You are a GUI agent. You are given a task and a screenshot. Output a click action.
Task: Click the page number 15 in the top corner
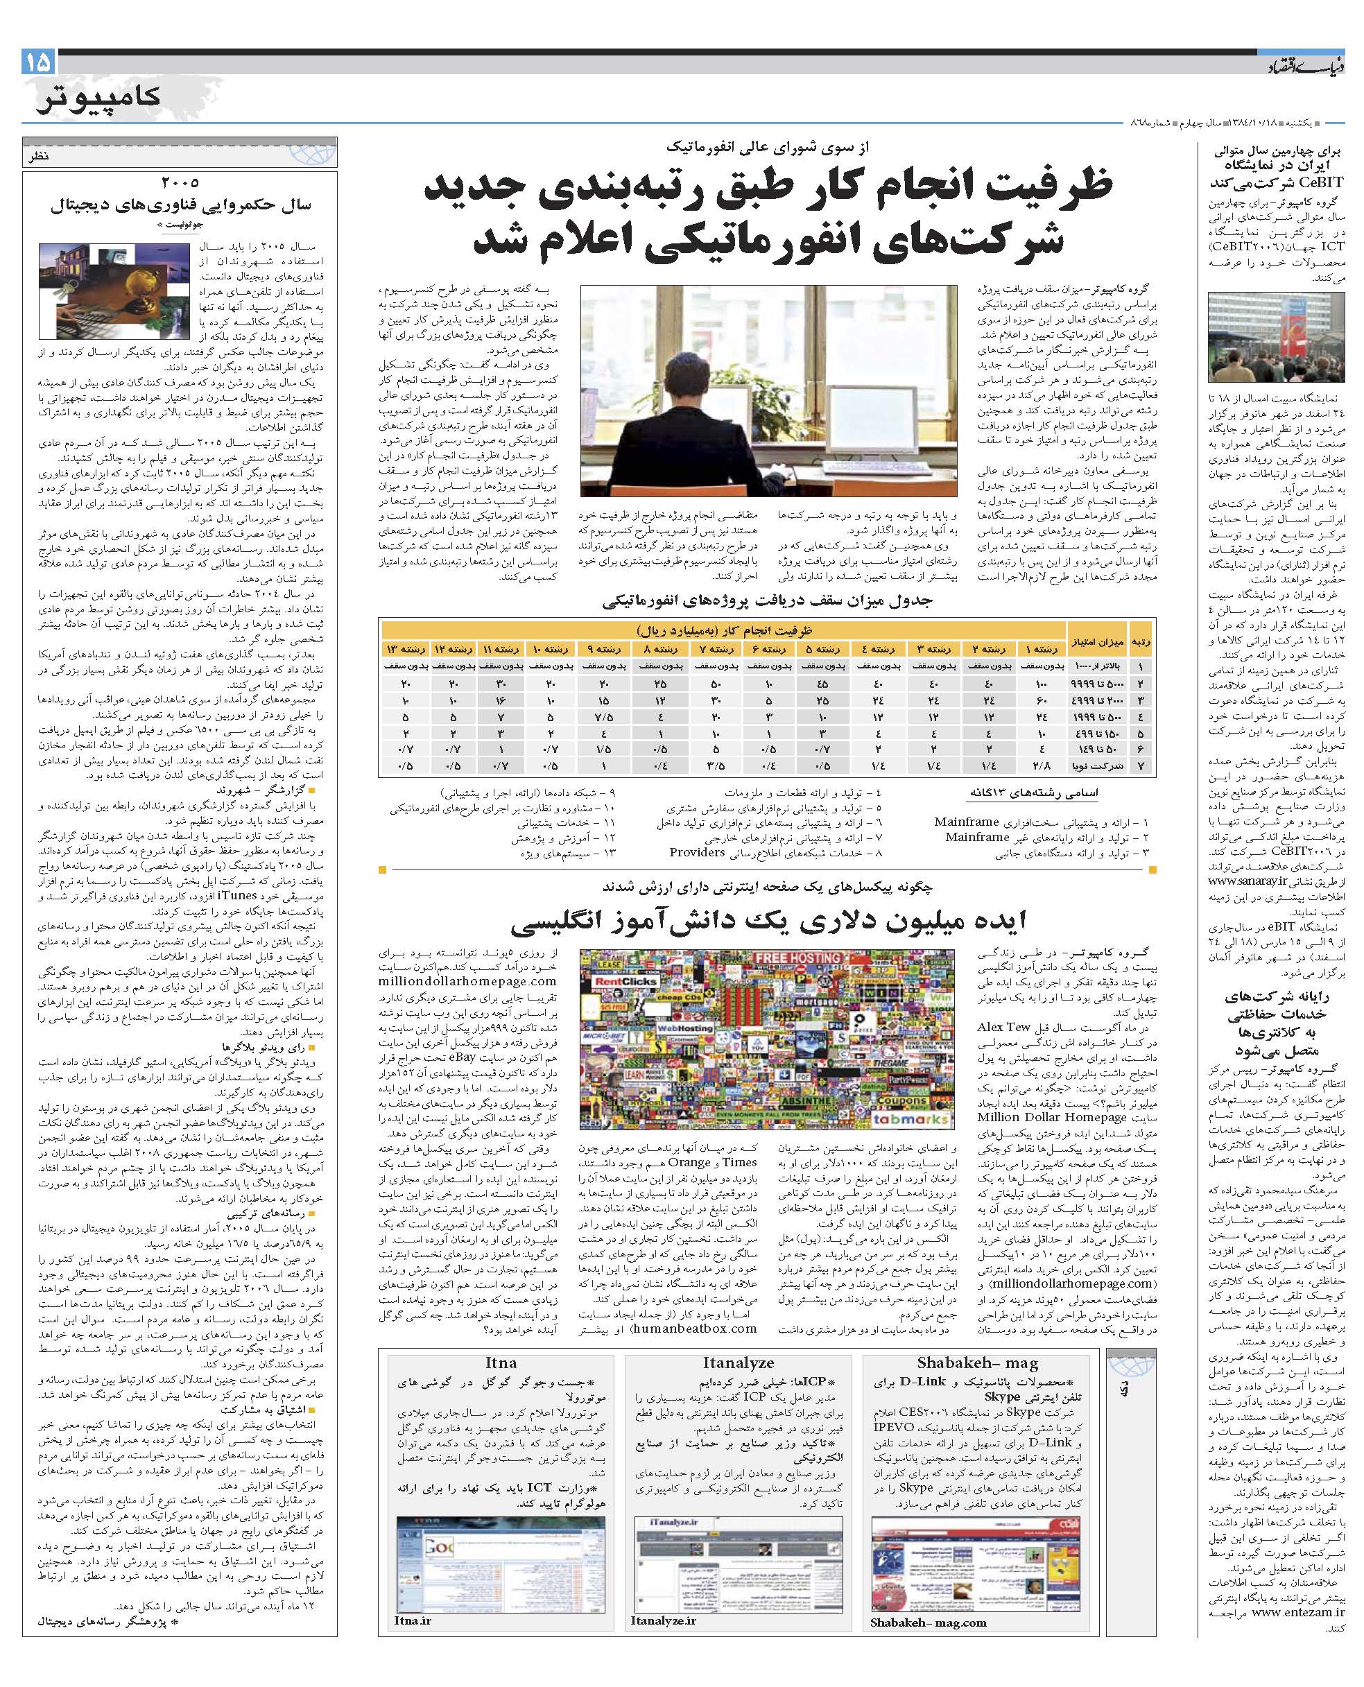[37, 61]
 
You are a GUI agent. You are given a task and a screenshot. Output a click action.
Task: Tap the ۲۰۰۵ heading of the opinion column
[180, 182]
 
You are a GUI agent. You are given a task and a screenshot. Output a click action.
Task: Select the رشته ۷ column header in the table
[720, 648]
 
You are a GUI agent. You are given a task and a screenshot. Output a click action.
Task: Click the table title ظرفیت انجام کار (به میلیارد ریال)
[724, 631]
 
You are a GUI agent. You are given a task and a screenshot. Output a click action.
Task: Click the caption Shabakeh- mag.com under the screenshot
[928, 1622]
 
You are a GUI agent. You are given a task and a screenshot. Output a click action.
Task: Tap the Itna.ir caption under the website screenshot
[413, 1620]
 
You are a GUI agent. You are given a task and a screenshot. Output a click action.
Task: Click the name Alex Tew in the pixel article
[1003, 1027]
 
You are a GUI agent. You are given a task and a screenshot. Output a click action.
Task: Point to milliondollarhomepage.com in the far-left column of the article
[467, 980]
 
